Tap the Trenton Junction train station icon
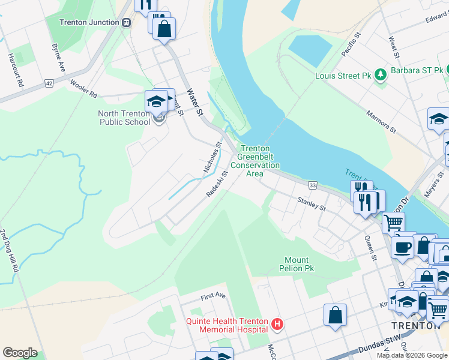(126, 22)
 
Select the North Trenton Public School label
(124, 118)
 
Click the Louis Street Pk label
(343, 76)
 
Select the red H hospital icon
(277, 325)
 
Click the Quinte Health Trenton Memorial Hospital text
(227, 325)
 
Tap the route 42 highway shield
(49, 83)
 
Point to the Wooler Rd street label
(83, 89)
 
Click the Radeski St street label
(217, 184)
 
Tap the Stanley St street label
(313, 205)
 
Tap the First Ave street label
(212, 296)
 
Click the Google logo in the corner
(20, 352)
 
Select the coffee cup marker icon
(402, 246)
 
